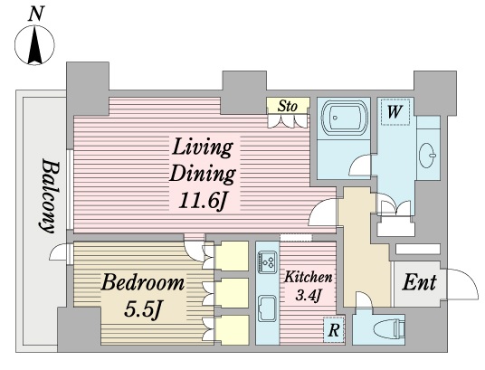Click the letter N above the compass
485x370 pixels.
(35, 14)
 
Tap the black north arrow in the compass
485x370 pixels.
(34, 45)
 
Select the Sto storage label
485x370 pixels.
(288, 106)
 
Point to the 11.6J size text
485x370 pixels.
(204, 201)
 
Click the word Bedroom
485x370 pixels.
(143, 282)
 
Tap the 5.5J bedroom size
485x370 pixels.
(143, 309)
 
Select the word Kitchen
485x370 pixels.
(308, 277)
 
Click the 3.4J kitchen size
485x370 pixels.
(307, 295)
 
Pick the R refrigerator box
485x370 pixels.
(333, 329)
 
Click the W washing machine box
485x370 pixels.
(395, 112)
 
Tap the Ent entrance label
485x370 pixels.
(419, 282)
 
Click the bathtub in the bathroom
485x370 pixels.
(344, 117)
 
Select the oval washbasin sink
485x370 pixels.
(427, 156)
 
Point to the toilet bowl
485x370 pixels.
(388, 329)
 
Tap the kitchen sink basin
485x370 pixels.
(267, 308)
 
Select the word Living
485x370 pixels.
(202, 148)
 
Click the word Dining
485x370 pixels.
(203, 175)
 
